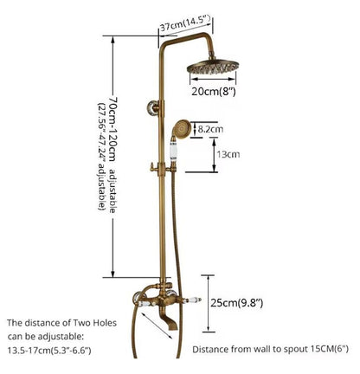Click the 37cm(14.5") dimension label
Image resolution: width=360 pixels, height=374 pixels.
(x=185, y=23)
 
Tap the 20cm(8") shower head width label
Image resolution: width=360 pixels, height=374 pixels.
(x=214, y=92)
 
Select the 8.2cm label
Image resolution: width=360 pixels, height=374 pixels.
(x=210, y=129)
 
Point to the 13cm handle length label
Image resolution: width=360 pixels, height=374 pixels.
(x=228, y=154)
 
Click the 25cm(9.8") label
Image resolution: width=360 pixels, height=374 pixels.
(x=236, y=303)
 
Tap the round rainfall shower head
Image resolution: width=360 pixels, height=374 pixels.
(x=214, y=67)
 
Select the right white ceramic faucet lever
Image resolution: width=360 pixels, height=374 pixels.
(x=192, y=300)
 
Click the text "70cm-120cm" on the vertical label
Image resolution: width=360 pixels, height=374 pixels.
(x=112, y=129)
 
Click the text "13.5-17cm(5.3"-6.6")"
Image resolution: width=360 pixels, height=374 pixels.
(x=49, y=351)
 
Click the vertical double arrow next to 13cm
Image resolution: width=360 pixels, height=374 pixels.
(x=214, y=155)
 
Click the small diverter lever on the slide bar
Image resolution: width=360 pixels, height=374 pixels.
(x=154, y=168)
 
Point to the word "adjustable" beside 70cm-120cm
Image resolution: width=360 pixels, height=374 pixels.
(x=112, y=190)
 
